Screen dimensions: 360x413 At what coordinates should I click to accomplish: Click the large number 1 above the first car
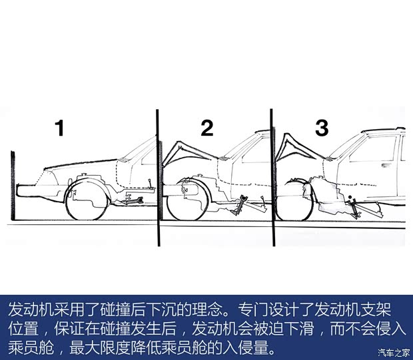pos(60,128)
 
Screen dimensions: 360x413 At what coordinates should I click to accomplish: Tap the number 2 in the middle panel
pos(206,128)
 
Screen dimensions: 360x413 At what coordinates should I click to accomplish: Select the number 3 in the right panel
pos(322,128)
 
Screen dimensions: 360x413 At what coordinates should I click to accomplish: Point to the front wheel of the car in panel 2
pos(189,199)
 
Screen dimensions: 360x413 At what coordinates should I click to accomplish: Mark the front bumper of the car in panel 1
pos(27,190)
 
